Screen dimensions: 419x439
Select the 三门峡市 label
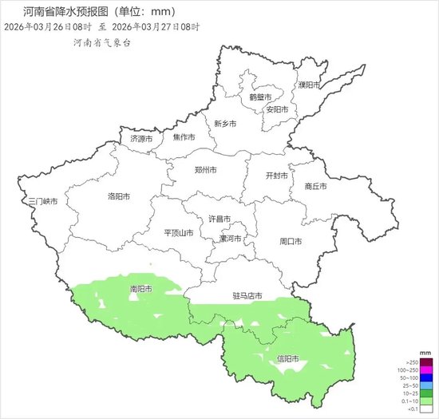point(43,201)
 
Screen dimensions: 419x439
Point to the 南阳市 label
point(140,288)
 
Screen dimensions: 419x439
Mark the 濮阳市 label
point(308,85)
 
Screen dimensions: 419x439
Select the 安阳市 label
point(276,109)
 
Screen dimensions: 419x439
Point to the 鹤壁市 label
point(260,97)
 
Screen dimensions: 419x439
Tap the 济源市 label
point(141,139)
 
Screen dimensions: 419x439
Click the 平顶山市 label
point(179,233)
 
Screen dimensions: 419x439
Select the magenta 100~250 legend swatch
point(410,369)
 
